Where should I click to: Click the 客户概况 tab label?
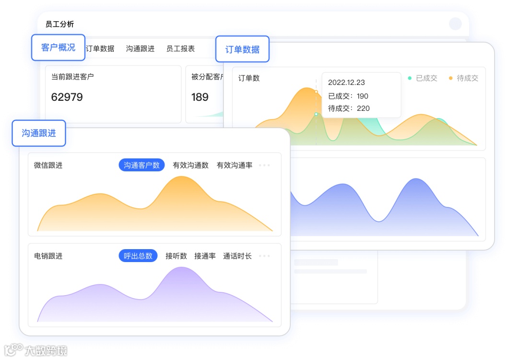(58, 48)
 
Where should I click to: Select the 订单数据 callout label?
(242, 49)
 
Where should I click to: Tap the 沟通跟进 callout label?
(39, 133)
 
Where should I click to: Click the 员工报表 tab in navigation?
(180, 48)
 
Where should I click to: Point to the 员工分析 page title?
(59, 24)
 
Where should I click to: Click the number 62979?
(67, 97)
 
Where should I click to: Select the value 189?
(200, 97)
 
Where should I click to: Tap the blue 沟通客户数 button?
(141, 165)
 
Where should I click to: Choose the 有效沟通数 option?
(190, 165)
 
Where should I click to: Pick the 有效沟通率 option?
(235, 165)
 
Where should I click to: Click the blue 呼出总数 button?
(138, 256)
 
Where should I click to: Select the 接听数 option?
(176, 256)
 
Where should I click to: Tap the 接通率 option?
(205, 256)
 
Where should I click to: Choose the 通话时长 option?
(237, 256)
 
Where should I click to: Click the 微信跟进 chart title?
(48, 165)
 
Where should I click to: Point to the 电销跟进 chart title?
(48, 256)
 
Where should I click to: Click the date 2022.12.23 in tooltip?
(346, 83)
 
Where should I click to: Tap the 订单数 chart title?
(249, 78)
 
